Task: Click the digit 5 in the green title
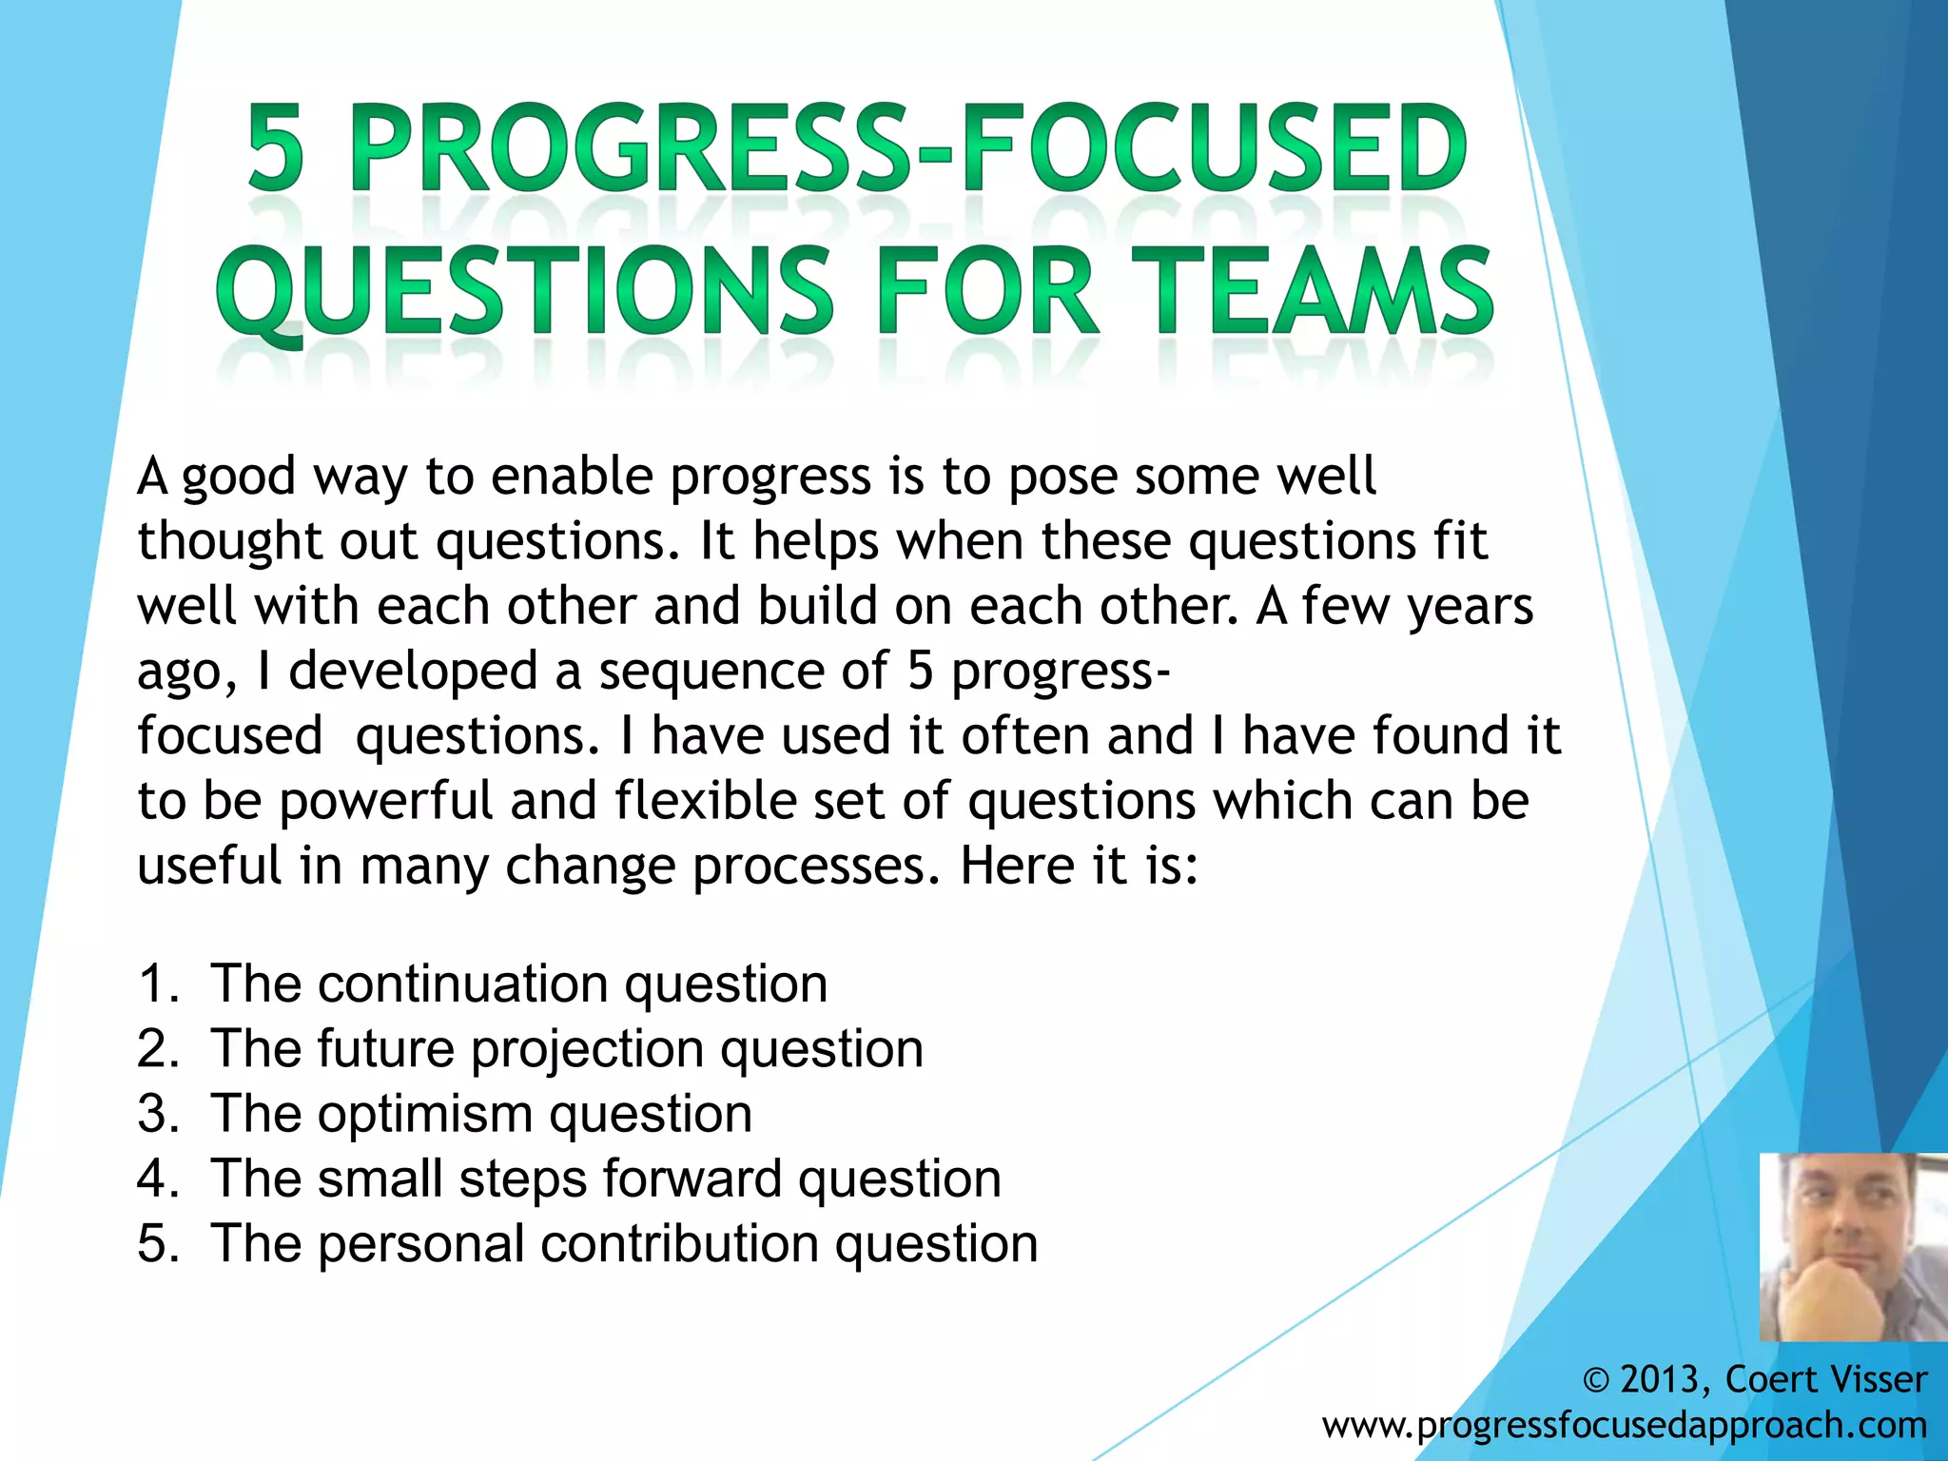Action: (277, 149)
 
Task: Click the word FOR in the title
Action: (987, 291)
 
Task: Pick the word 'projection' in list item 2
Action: (587, 1048)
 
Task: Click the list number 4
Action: (153, 1179)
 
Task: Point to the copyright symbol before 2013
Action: (1596, 1380)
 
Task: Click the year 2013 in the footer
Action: (1660, 1379)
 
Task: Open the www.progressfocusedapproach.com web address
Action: (1624, 1425)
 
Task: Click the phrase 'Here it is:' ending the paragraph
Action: (1079, 866)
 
